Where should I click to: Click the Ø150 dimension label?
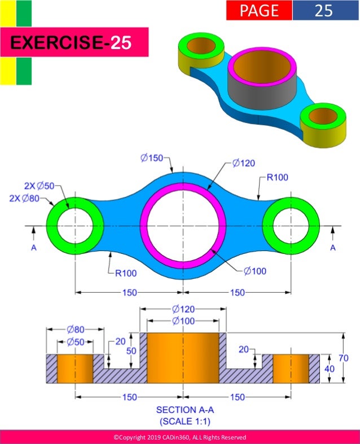(x=152, y=158)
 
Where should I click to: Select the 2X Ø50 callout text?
(x=39, y=186)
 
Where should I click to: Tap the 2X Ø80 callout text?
(x=24, y=198)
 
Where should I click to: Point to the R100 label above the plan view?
(x=277, y=177)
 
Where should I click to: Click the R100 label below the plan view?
(x=126, y=273)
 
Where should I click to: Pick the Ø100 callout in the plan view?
(x=255, y=271)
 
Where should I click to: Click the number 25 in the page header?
(x=323, y=11)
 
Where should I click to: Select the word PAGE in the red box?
(x=259, y=11)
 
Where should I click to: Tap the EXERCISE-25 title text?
(x=71, y=42)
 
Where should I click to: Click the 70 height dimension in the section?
(x=343, y=358)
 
